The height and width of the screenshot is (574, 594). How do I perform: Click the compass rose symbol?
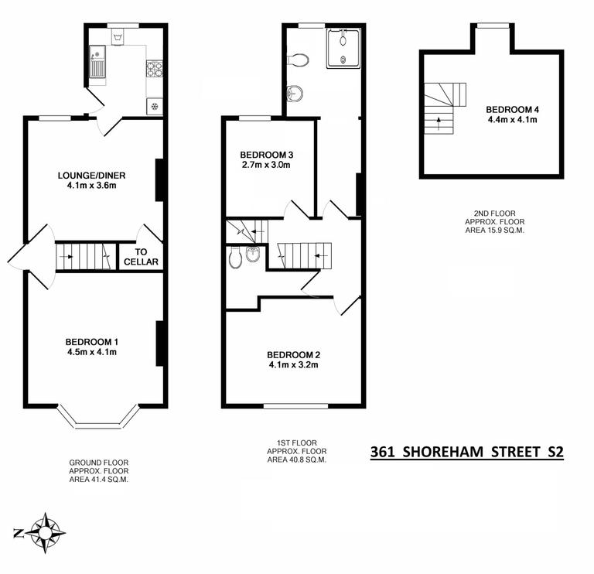click(x=45, y=533)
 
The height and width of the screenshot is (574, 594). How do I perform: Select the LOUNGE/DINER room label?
click(x=91, y=176)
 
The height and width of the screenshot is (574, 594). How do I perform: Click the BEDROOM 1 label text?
click(x=91, y=342)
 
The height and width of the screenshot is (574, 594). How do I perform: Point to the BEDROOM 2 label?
click(x=295, y=355)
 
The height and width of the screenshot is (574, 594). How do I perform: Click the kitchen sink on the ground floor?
click(x=97, y=62)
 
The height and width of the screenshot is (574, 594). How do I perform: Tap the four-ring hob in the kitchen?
click(x=154, y=70)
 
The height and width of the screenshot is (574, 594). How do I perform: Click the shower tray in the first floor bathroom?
click(x=343, y=48)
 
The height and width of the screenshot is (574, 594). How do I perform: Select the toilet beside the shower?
click(x=299, y=60)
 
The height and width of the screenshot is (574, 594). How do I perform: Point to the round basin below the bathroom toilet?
click(x=294, y=94)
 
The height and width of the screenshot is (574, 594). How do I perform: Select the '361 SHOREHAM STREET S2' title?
click(x=467, y=451)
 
